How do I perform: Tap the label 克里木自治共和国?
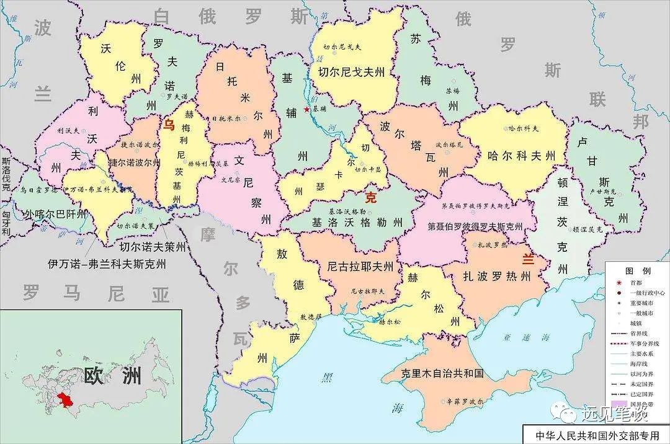442,374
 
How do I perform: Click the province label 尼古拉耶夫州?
360,267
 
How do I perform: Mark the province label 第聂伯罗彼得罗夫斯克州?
475,227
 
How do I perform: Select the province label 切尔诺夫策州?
153,247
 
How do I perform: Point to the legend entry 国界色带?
643,403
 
